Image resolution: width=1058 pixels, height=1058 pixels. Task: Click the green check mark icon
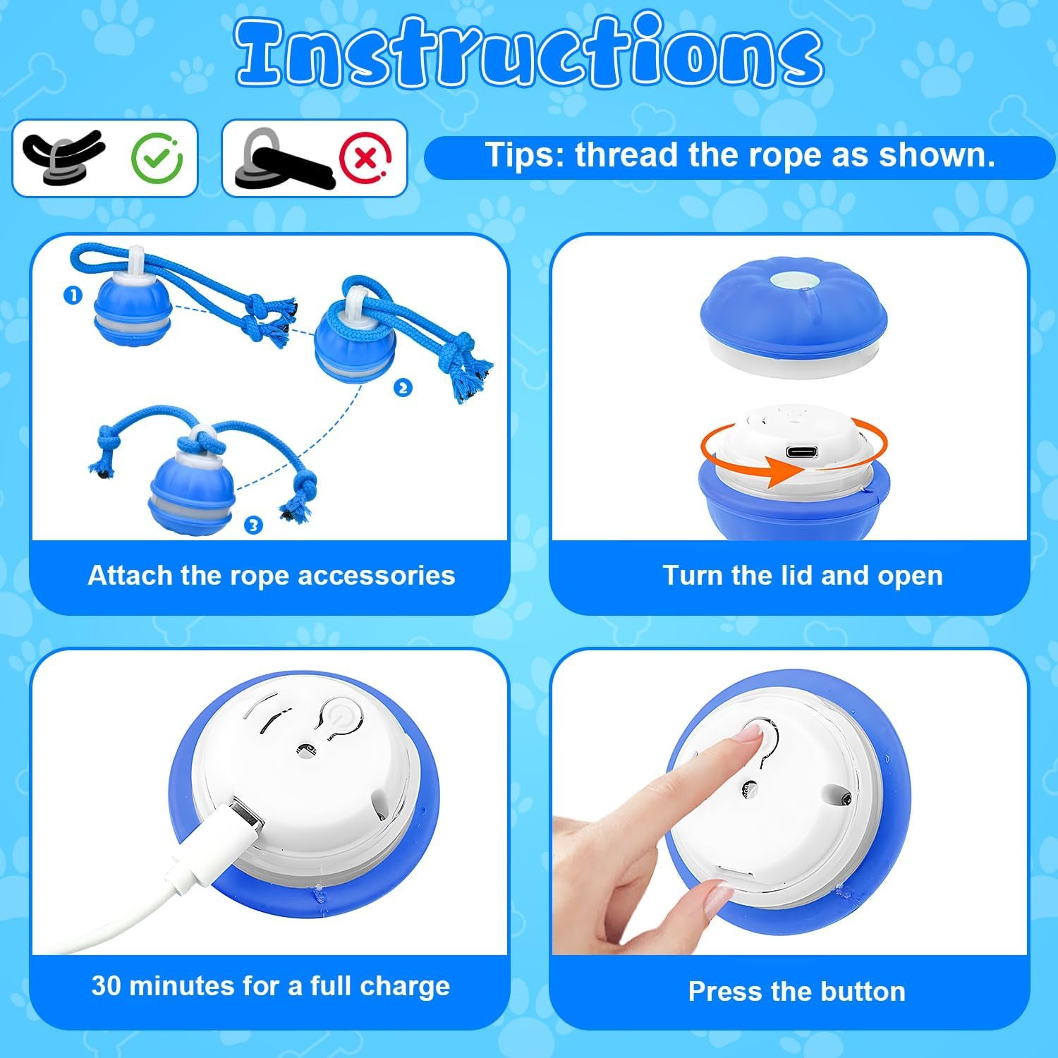pos(157,158)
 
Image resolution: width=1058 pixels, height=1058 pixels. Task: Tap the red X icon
pos(365,158)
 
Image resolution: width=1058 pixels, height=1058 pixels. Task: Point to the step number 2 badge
pos(403,388)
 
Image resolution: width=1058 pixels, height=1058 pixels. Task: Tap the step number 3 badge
pos(253,525)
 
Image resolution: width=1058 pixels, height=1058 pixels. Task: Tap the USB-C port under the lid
pos(802,452)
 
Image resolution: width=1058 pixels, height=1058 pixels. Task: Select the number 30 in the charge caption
pos(106,985)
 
